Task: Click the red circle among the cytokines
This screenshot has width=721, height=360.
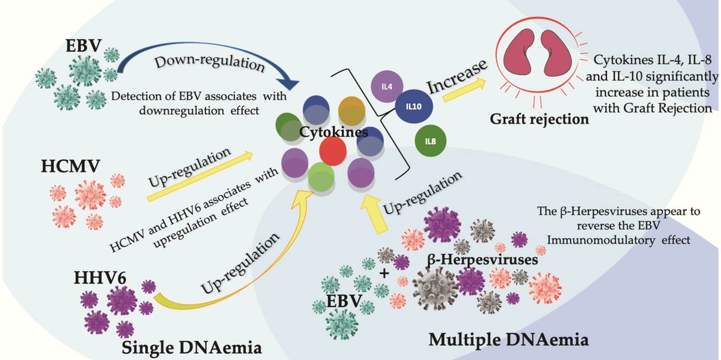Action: [332, 150]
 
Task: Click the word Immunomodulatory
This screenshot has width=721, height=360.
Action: [607, 239]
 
